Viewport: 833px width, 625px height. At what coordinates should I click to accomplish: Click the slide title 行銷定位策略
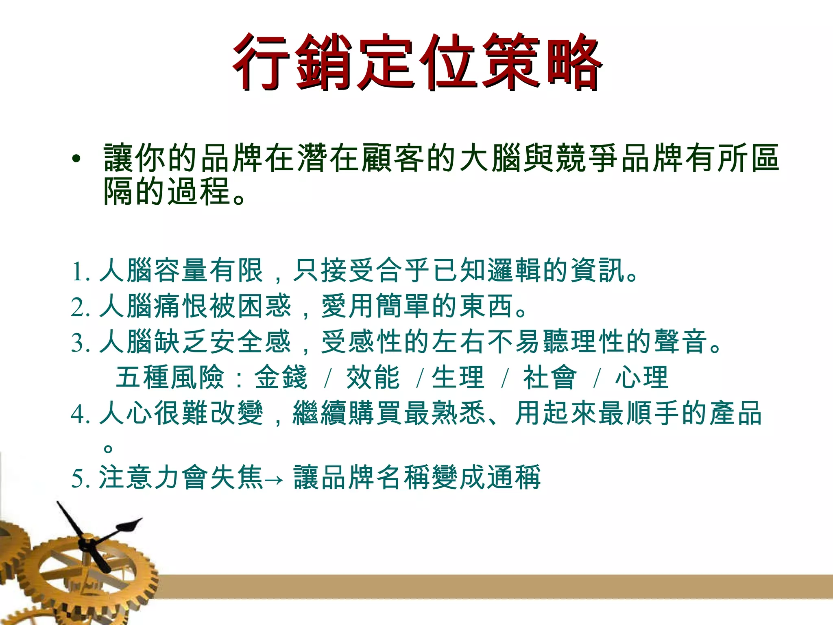point(416,62)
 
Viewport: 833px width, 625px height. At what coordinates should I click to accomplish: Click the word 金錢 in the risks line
point(281,378)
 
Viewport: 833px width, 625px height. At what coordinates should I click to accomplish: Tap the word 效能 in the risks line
point(373,378)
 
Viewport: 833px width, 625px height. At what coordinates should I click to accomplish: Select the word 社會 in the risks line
point(550,378)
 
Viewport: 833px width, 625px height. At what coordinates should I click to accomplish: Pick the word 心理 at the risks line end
point(641,378)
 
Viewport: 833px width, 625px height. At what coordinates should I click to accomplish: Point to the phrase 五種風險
point(170,378)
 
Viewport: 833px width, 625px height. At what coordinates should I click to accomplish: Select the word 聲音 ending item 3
point(680,342)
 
